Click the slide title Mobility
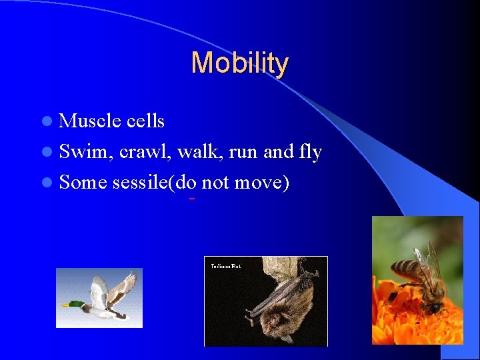pyautogui.click(x=239, y=63)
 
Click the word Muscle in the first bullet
pyautogui.click(x=88, y=121)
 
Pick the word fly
pyautogui.click(x=310, y=153)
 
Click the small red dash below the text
pyautogui.click(x=191, y=199)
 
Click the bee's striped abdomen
pyautogui.click(x=404, y=270)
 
